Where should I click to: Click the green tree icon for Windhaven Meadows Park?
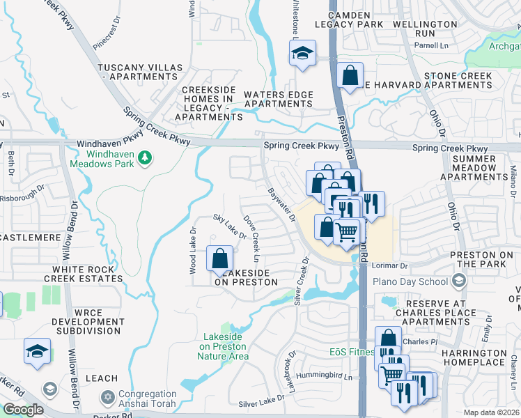(145, 157)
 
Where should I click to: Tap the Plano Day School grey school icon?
(458, 281)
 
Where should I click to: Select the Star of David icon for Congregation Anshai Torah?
(107, 397)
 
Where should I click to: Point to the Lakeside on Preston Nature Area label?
(223, 346)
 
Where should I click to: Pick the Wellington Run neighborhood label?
(424, 28)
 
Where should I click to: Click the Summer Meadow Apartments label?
(474, 168)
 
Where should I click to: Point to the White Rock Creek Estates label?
(83, 273)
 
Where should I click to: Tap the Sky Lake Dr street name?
(230, 226)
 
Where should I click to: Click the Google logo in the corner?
(23, 410)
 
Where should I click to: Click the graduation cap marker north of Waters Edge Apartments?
(303, 54)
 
